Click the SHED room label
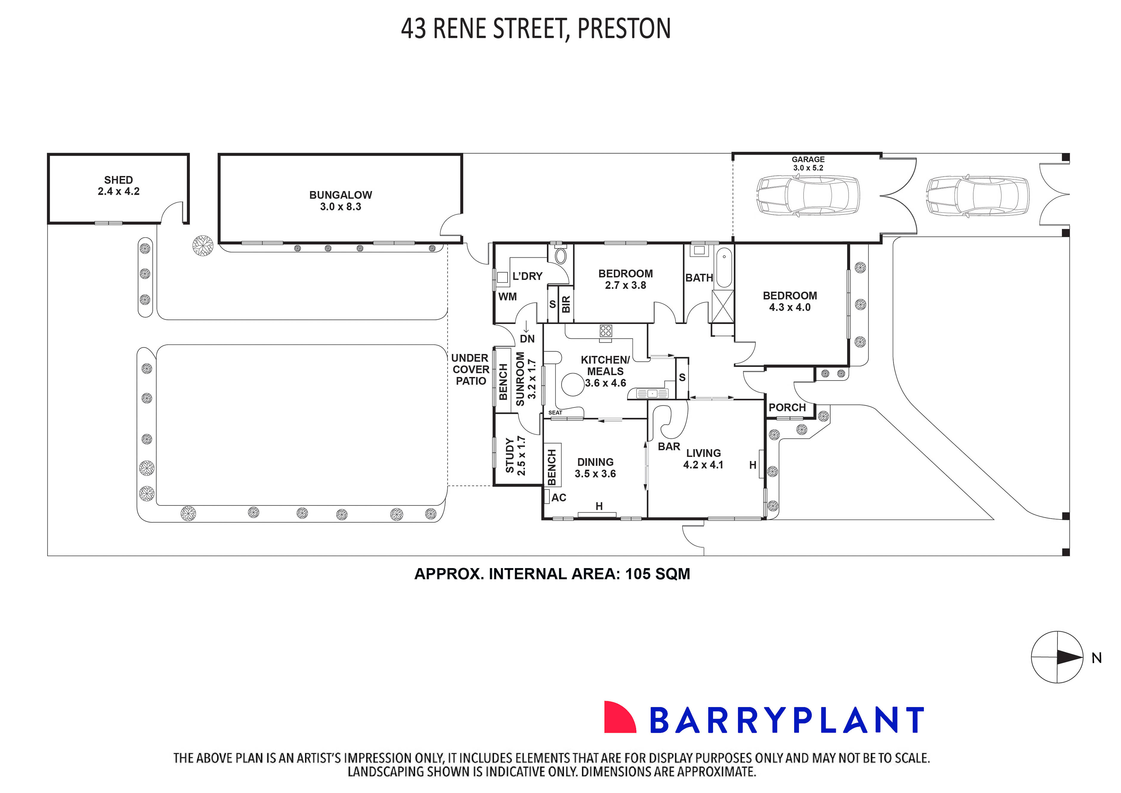(x=118, y=180)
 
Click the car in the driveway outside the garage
(x=978, y=196)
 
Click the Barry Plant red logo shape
(x=619, y=718)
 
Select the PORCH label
(x=787, y=408)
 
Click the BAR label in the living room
(x=668, y=447)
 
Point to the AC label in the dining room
(x=559, y=497)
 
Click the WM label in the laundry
(x=507, y=297)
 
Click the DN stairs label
(x=527, y=339)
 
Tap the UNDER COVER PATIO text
(x=470, y=370)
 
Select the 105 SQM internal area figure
(x=657, y=574)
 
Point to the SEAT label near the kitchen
(x=555, y=413)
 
